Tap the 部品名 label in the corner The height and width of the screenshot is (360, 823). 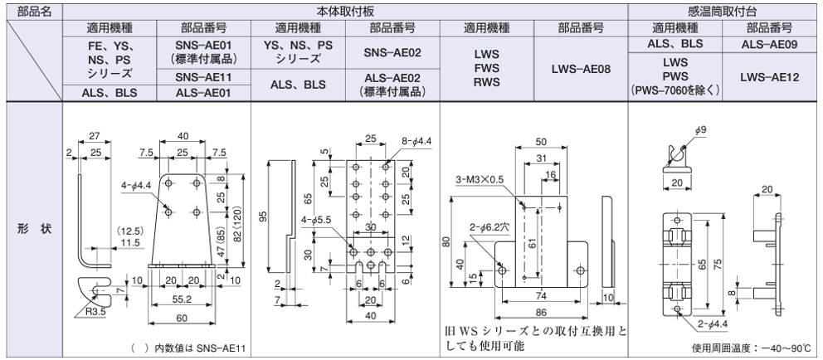32,11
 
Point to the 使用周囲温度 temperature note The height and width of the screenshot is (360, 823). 752,348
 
